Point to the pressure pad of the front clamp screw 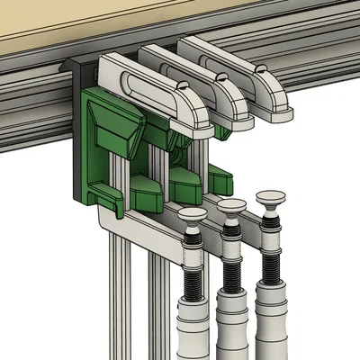pos(191,215)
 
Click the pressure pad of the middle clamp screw pos(229,206)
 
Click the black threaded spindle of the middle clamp pos(230,261)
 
